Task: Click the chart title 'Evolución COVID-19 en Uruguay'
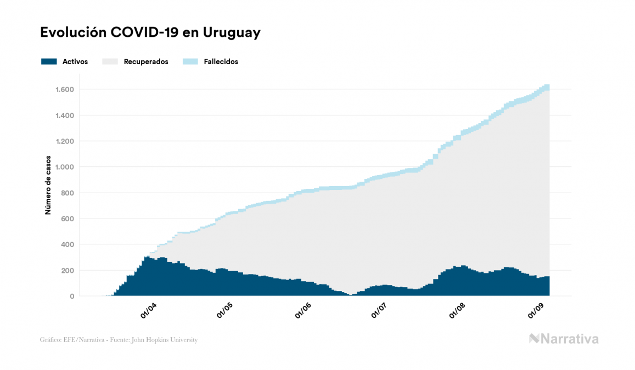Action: click(x=150, y=33)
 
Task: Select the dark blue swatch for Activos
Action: click(x=49, y=61)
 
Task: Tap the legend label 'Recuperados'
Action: click(x=146, y=61)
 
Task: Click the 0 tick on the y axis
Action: click(x=71, y=296)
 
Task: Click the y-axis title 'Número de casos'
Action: click(x=48, y=185)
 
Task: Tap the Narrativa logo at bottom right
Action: click(x=564, y=339)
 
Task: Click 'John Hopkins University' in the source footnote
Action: click(x=167, y=340)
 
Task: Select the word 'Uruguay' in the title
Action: click(x=231, y=33)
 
